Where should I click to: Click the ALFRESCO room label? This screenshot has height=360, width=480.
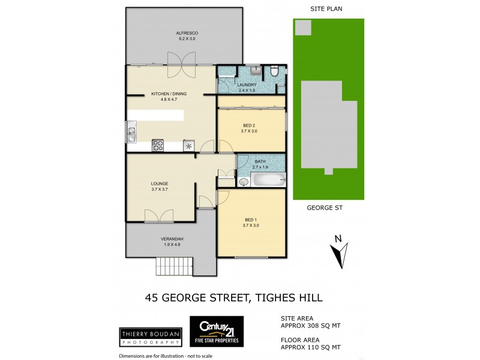[x=187, y=35]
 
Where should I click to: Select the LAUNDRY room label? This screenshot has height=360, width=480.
[x=247, y=88]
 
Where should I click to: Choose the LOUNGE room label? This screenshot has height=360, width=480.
[x=160, y=186]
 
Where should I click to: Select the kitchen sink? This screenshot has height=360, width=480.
[x=131, y=132]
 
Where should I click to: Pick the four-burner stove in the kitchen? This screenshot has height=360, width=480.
[x=158, y=145]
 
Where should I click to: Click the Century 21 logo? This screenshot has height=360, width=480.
[x=217, y=332]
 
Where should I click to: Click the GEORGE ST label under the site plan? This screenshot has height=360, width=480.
[x=325, y=208]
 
